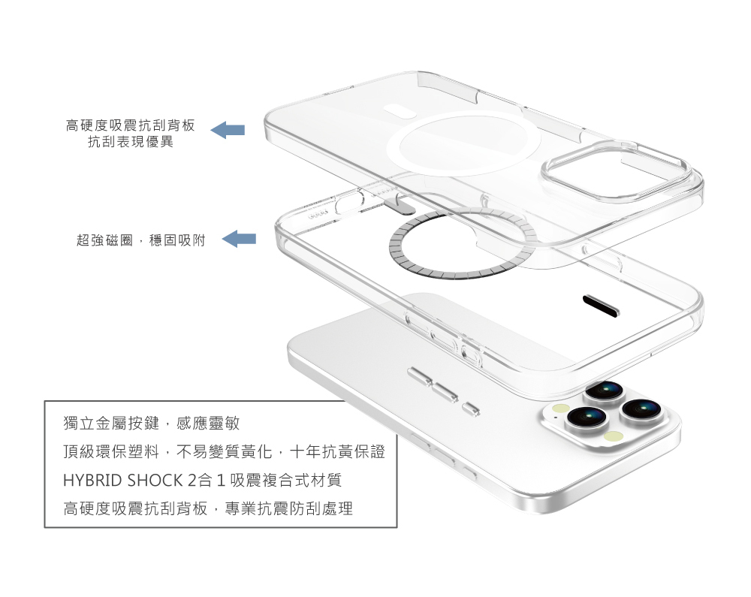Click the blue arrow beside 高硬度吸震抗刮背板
228,130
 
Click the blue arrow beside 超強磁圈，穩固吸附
240,240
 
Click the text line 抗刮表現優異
131,141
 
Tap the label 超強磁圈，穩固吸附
140,240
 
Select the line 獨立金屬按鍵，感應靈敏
152,424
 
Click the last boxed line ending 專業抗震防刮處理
208,508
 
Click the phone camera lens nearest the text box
587,418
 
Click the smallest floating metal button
471,409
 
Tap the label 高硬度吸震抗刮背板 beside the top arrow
131,124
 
